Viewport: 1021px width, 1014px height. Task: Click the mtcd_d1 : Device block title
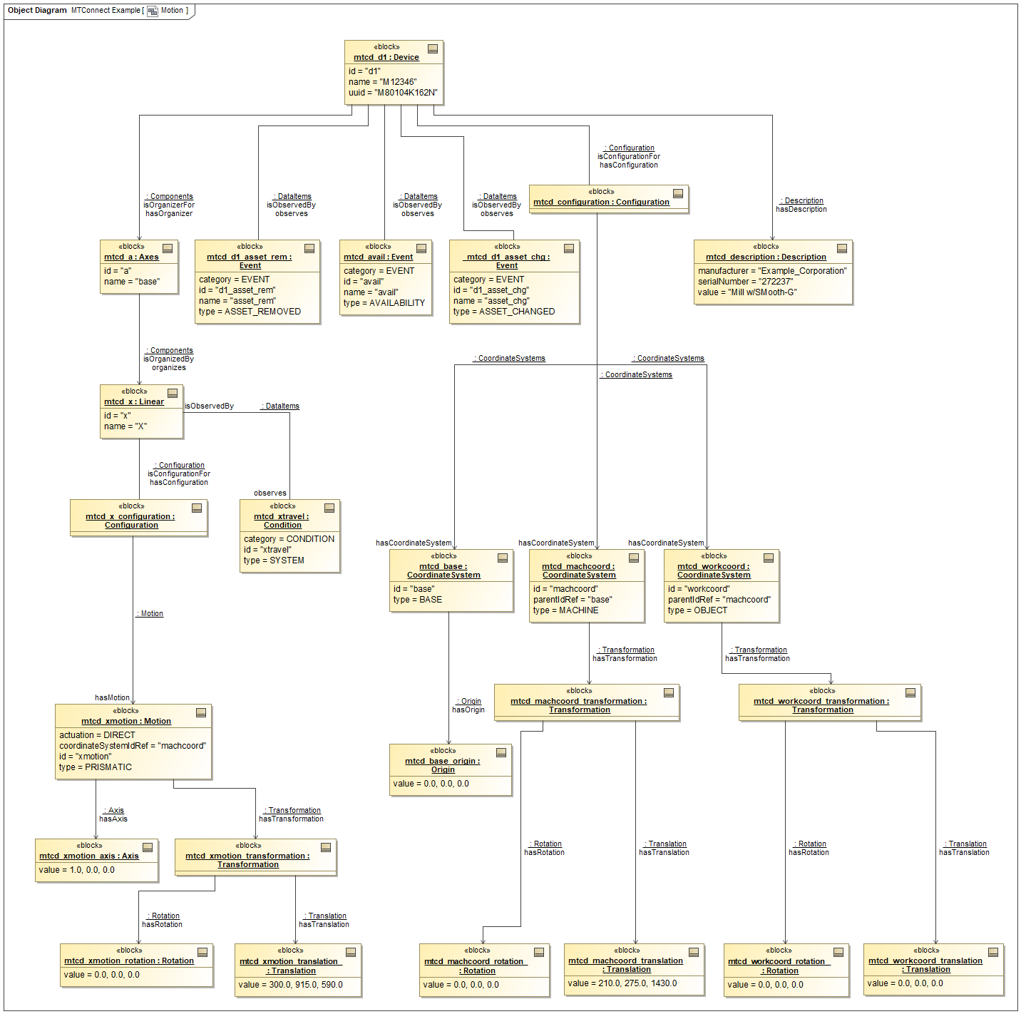pyautogui.click(x=386, y=57)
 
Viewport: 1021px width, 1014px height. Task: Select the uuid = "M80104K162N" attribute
pyautogui.click(x=393, y=93)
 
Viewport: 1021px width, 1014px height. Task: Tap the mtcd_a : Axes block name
pyautogui.click(x=131, y=257)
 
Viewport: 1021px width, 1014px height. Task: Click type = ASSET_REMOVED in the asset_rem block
pyautogui.click(x=250, y=312)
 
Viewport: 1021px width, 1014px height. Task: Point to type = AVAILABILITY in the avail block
pyautogui.click(x=384, y=303)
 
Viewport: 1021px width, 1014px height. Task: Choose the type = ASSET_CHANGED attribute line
pyautogui.click(x=503, y=312)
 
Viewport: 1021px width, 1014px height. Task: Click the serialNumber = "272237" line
pyautogui.click(x=745, y=282)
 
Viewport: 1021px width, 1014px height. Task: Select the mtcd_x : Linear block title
pyautogui.click(x=134, y=401)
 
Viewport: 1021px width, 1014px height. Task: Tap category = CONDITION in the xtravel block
pyautogui.click(x=289, y=539)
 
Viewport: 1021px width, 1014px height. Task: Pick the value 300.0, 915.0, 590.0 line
pyautogui.click(x=290, y=985)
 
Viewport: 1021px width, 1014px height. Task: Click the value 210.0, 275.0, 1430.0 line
pyautogui.click(x=622, y=983)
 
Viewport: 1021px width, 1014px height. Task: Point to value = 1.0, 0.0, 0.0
pyautogui.click(x=76, y=870)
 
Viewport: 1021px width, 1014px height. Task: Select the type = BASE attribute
pyautogui.click(x=417, y=600)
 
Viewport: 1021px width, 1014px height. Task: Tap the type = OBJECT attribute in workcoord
pyautogui.click(x=697, y=610)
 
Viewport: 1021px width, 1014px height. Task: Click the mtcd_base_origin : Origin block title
pyautogui.click(x=443, y=765)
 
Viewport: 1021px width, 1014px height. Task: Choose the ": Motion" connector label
pyautogui.click(x=150, y=613)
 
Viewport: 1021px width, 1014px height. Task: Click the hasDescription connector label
pyautogui.click(x=801, y=209)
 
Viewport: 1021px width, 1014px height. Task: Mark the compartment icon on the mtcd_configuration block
pyautogui.click(x=678, y=193)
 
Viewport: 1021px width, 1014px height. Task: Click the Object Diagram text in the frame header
pyautogui.click(x=37, y=10)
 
